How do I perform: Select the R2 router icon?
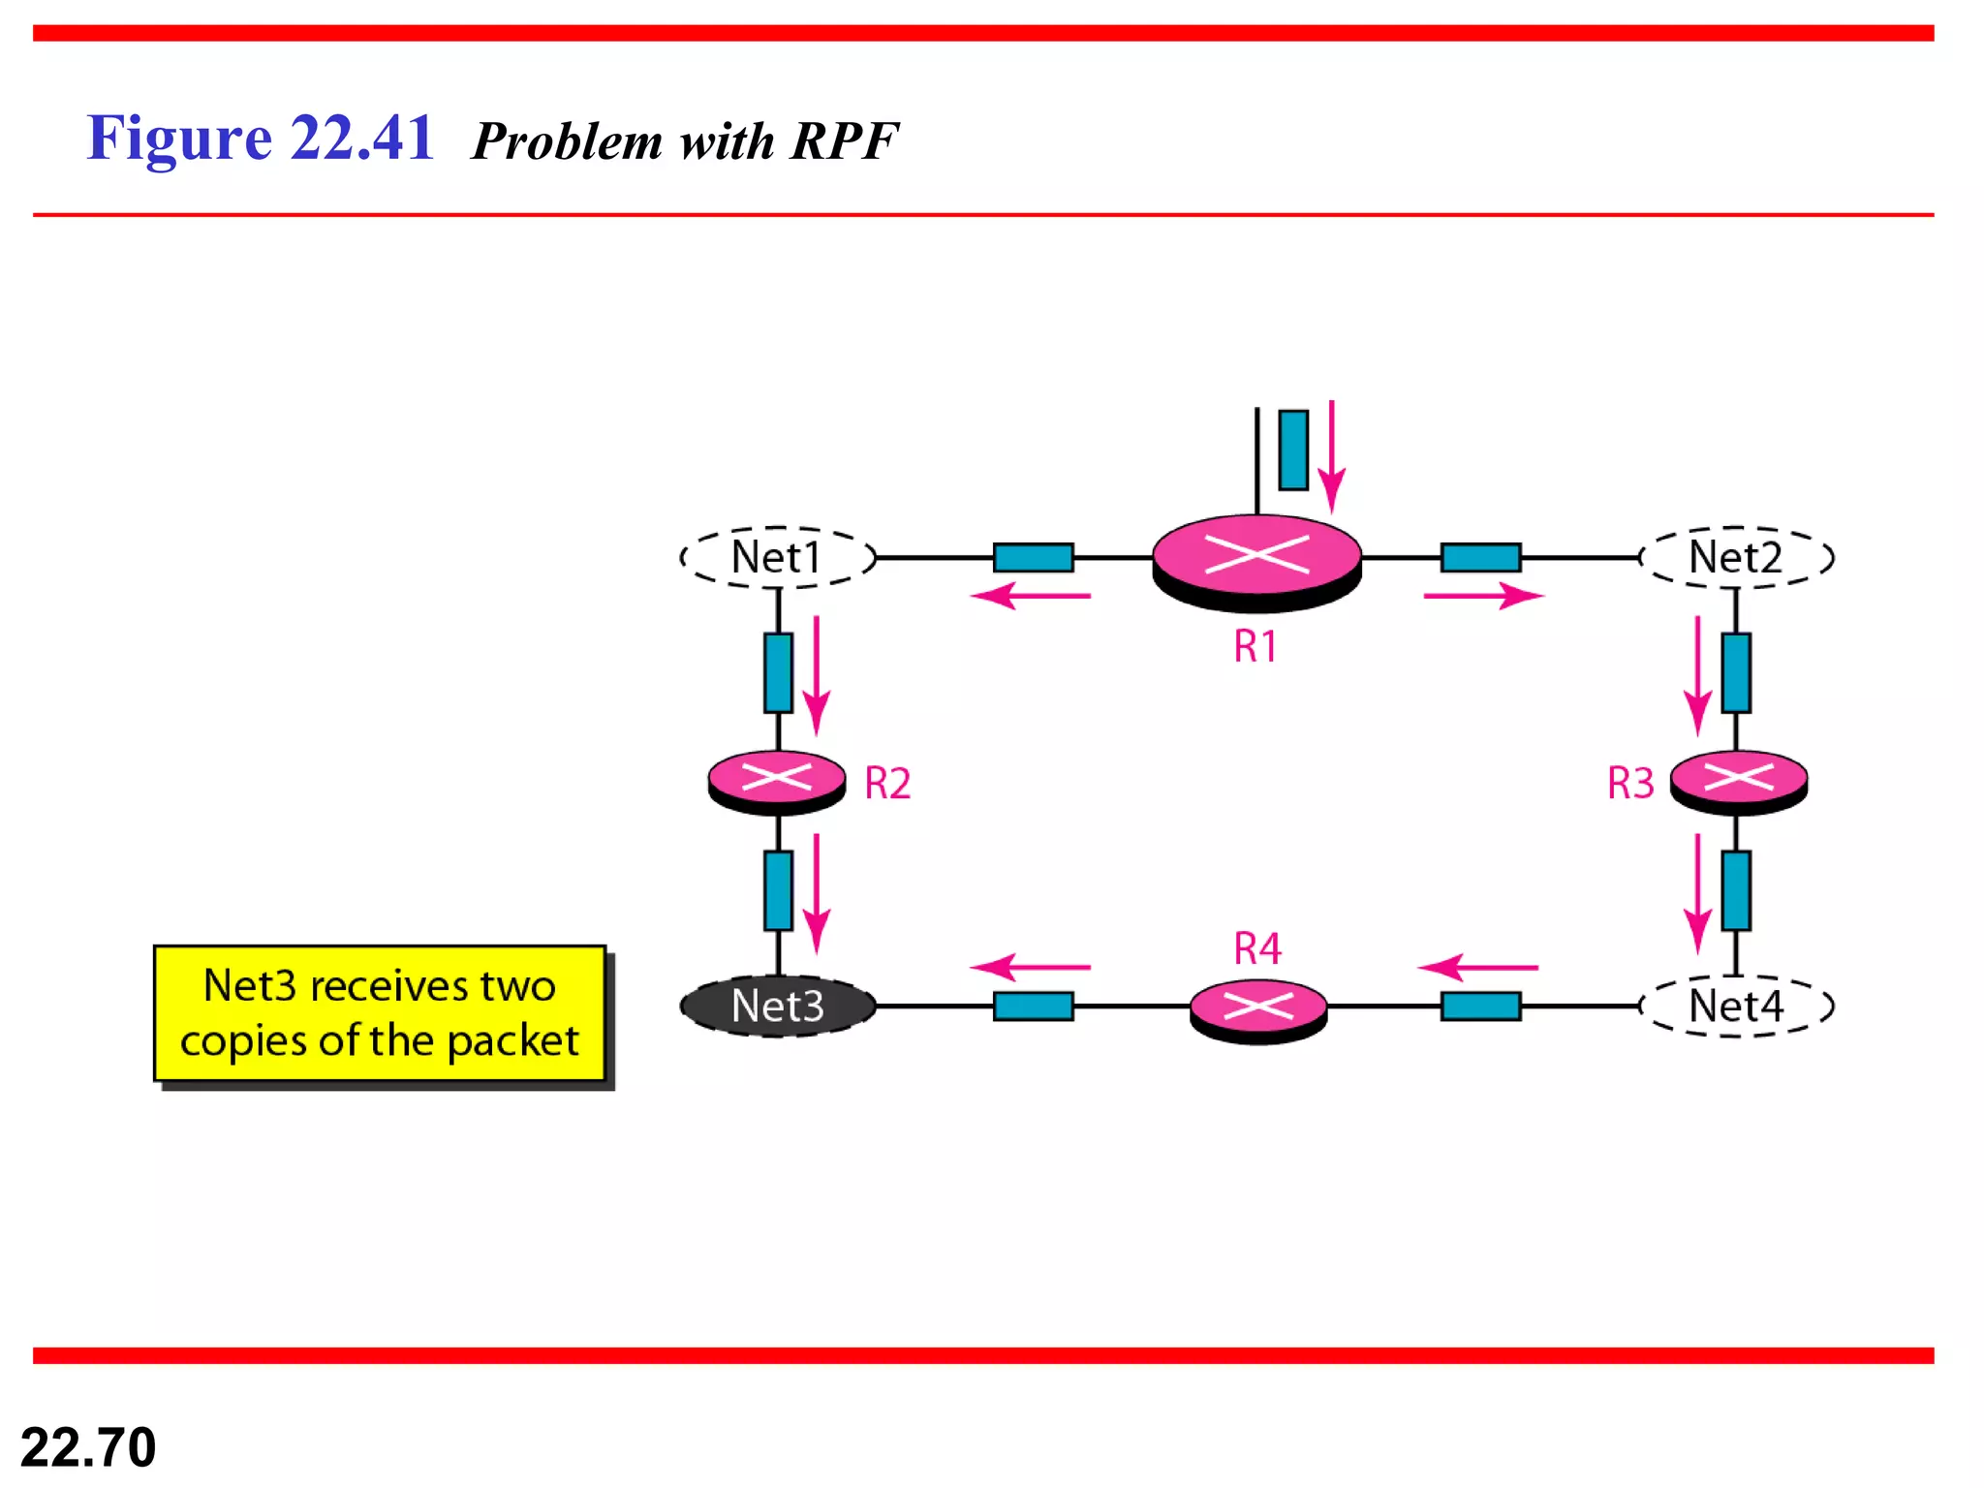pos(777,780)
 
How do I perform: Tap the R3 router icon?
pos(1739,780)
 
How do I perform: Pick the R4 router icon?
pos(1257,1009)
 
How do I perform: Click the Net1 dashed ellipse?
pos(778,557)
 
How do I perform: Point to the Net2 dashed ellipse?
pos(1736,557)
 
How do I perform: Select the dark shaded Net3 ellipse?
pos(778,1007)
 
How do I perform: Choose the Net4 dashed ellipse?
pos(1736,1007)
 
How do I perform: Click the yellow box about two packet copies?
pos(380,1013)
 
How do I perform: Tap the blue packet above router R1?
pos(1293,449)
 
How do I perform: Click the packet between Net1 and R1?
pos(1033,558)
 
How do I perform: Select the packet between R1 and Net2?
pos(1480,558)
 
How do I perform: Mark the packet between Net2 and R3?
pos(1736,672)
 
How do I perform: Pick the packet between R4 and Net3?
pos(1033,1007)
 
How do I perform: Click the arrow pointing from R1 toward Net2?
pos(1482,596)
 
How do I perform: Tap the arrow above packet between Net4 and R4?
pos(1477,967)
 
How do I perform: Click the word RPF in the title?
pos(844,141)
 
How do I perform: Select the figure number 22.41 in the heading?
pos(361,139)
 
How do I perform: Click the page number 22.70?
pos(88,1447)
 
